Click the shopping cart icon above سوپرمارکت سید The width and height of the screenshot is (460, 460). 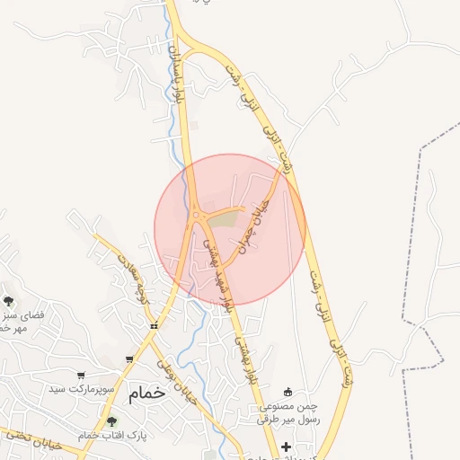tap(82, 376)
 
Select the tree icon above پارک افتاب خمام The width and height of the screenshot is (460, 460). tap(111, 421)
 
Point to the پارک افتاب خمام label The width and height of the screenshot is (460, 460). tap(111, 436)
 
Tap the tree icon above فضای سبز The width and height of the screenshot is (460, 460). tap(8, 301)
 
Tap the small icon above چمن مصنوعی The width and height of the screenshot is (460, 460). tap(288, 391)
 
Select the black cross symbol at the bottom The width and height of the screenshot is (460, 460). tap(286, 447)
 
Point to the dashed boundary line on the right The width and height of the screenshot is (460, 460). tap(420, 225)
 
